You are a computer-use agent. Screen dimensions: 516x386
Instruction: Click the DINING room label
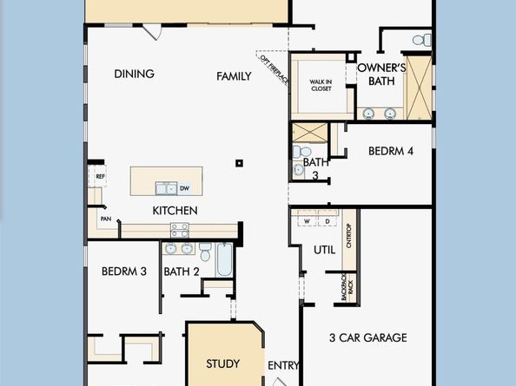click(135, 74)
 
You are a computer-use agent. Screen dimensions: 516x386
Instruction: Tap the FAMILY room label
click(234, 76)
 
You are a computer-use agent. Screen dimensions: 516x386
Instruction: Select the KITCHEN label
click(175, 211)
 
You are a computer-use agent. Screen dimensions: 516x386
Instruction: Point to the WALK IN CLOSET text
click(321, 85)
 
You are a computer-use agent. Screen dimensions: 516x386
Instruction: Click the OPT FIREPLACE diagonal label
click(275, 69)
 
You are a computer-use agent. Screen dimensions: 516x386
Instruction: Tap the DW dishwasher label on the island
click(185, 188)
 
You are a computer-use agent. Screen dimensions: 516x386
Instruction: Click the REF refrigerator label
click(101, 176)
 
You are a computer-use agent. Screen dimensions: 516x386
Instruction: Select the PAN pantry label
click(106, 219)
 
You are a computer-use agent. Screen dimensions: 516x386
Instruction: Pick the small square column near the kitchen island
click(239, 163)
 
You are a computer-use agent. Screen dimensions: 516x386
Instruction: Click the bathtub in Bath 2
click(225, 259)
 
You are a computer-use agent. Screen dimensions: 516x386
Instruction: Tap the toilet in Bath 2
click(205, 252)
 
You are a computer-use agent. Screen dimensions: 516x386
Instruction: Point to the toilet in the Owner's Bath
click(422, 40)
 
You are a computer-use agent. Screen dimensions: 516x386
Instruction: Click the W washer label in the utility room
click(307, 221)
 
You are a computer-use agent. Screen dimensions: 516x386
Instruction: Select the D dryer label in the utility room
click(327, 221)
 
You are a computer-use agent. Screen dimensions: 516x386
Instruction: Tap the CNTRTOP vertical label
click(349, 236)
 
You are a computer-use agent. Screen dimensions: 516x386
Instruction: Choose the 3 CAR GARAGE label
click(368, 337)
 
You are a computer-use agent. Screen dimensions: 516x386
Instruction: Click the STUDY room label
click(222, 363)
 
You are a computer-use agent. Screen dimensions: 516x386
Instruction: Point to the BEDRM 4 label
click(391, 151)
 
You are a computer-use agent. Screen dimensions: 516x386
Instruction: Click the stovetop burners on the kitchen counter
click(180, 230)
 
